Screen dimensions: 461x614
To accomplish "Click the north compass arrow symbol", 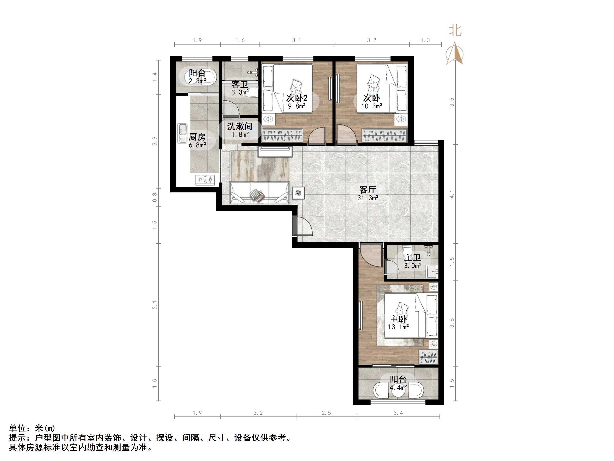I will (x=454, y=53).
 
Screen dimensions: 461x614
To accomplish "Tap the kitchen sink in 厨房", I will (x=183, y=133).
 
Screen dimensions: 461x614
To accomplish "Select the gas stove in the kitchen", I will (x=205, y=180).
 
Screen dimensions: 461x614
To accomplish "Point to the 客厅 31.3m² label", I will (x=368, y=193).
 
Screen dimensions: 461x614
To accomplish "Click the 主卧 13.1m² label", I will (x=398, y=323).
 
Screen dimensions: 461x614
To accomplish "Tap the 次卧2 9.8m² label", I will (x=297, y=101).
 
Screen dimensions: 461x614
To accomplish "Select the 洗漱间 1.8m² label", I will (x=240, y=130).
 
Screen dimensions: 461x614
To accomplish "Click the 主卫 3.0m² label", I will (x=412, y=261).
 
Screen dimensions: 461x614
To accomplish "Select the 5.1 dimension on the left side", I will (x=155, y=305).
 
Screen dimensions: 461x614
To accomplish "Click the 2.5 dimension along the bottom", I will (x=326, y=413).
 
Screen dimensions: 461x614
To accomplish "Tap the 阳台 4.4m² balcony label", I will (x=398, y=383).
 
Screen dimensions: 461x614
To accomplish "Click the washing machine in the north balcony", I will (x=197, y=77).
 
